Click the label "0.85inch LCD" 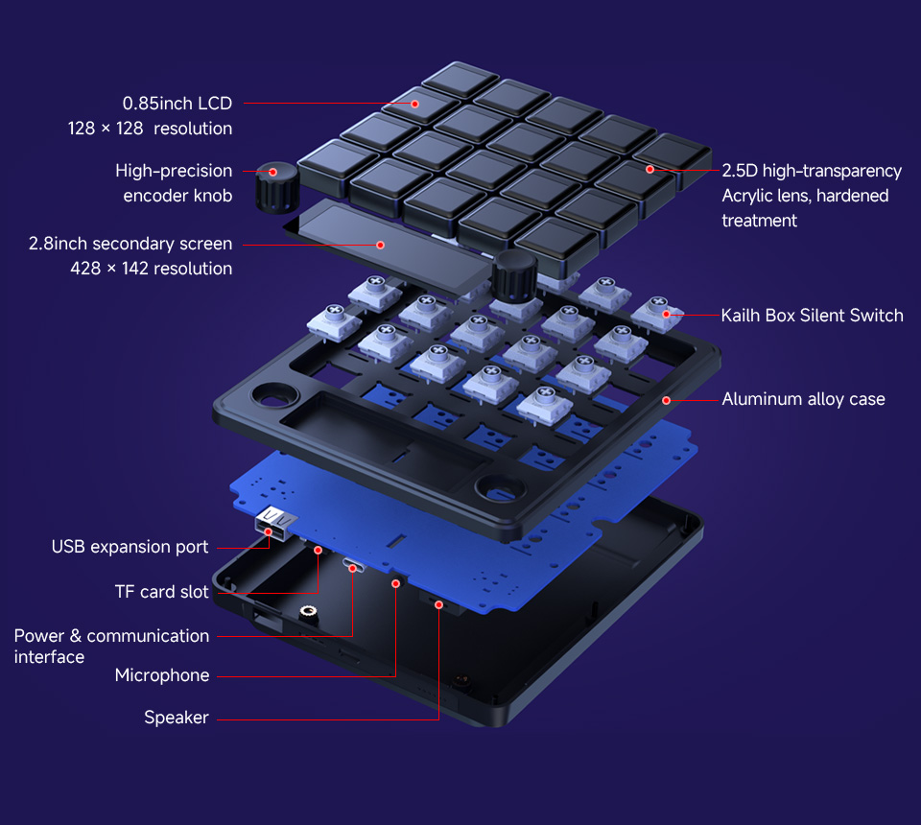tap(177, 103)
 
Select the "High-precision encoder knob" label tap(174, 183)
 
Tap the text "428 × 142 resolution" tap(151, 269)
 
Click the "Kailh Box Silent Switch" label tap(812, 315)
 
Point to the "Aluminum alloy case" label tap(803, 399)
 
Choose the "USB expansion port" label tap(130, 547)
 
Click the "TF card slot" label tap(161, 592)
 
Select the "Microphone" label tap(161, 675)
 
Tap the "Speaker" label tap(176, 718)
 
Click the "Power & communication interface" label tap(111, 646)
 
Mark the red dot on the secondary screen tap(380, 245)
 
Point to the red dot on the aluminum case tap(665, 399)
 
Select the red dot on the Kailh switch tap(666, 315)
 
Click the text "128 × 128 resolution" tap(150, 129)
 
